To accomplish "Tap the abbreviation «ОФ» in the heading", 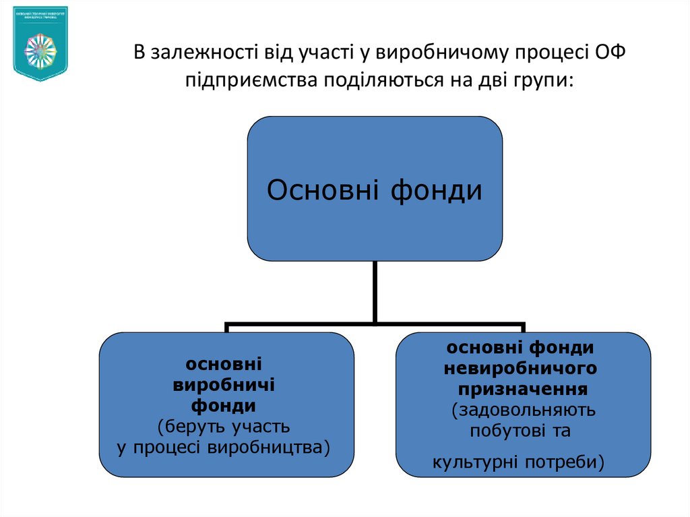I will (613, 53).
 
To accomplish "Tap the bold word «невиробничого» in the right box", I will (521, 368).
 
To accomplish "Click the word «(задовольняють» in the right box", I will (522, 410).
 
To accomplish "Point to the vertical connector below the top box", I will (375, 291).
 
